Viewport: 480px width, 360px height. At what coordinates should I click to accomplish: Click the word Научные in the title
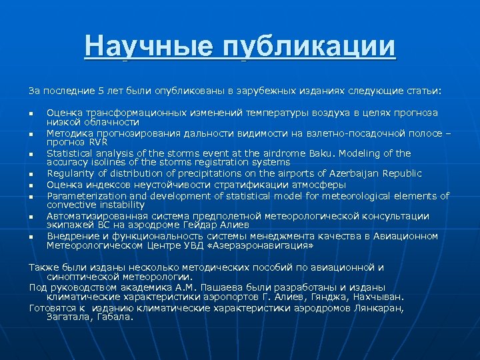tap(149, 47)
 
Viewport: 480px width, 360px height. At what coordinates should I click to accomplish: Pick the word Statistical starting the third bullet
tap(70, 153)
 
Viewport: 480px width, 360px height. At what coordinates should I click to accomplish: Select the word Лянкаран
tap(377, 308)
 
